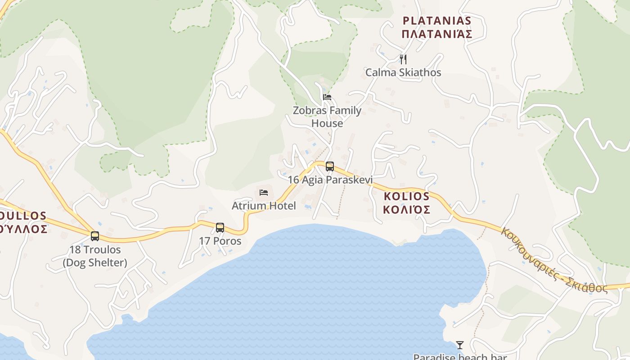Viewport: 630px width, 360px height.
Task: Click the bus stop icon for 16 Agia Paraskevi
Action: click(330, 166)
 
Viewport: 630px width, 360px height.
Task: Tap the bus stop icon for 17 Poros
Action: click(220, 228)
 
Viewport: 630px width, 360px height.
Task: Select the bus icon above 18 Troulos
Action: click(95, 236)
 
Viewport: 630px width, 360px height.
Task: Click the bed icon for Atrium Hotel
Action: click(264, 193)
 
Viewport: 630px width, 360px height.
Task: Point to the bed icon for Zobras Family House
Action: click(327, 97)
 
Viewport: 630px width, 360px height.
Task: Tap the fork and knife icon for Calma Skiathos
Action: click(403, 59)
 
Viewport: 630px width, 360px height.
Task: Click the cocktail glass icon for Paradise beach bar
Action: click(459, 345)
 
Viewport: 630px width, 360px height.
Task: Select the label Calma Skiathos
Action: click(403, 72)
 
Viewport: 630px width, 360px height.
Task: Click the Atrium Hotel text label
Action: click(264, 206)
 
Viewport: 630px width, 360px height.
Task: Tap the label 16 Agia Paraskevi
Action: click(330, 180)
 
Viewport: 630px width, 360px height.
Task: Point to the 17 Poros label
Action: click(220, 241)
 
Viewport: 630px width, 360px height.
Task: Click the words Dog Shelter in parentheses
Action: click(95, 263)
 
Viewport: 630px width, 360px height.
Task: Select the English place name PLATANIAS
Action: click(437, 21)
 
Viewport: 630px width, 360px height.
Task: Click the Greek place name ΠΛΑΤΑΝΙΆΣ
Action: click(437, 34)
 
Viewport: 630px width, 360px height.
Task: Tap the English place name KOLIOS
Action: click(407, 196)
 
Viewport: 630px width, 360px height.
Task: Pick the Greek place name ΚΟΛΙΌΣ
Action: click(407, 210)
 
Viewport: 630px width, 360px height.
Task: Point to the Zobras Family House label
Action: click(327, 117)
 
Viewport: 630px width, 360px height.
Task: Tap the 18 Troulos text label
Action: click(95, 250)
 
